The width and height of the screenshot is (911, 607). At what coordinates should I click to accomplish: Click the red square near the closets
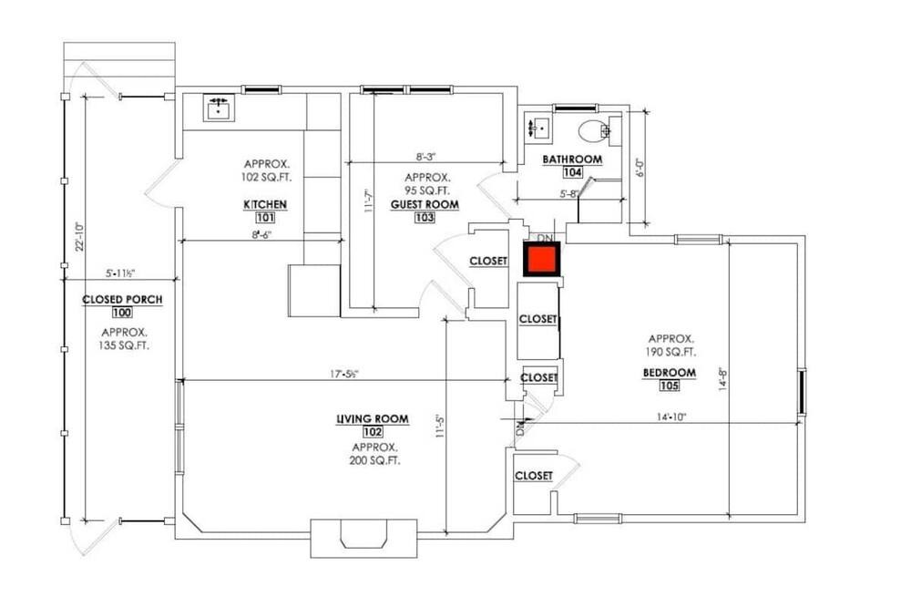click(x=542, y=259)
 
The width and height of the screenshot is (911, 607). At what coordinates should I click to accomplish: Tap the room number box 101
click(x=265, y=218)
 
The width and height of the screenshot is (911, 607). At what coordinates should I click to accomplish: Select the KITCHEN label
click(x=265, y=205)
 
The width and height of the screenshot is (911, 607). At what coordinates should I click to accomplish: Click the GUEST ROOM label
click(x=425, y=205)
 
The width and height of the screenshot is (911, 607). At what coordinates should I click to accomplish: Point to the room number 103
click(x=425, y=218)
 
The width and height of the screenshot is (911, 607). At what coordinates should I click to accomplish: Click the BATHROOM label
click(x=572, y=159)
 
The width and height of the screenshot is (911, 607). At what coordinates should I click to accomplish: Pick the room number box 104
click(x=573, y=172)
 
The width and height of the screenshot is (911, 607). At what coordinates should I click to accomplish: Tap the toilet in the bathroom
click(x=594, y=129)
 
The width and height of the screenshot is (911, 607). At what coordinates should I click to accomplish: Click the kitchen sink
click(x=219, y=108)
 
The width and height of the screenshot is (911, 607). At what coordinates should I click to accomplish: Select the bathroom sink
click(x=539, y=128)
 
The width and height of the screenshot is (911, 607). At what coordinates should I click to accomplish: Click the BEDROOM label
click(x=670, y=373)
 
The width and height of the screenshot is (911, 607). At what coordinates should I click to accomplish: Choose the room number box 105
click(x=670, y=386)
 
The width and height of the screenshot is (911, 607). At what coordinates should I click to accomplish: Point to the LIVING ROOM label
click(x=373, y=418)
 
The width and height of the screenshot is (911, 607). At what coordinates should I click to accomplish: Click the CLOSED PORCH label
click(x=122, y=300)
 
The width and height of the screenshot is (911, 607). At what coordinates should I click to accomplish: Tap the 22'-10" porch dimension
click(x=79, y=236)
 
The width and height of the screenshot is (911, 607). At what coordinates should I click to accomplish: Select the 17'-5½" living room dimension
click(x=344, y=375)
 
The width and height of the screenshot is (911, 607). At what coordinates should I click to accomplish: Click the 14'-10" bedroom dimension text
click(x=671, y=417)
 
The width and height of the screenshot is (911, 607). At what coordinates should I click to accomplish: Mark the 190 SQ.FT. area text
click(x=671, y=352)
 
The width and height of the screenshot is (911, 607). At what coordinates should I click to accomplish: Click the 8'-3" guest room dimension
click(x=425, y=157)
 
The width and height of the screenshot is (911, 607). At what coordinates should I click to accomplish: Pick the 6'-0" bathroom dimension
click(x=640, y=168)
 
